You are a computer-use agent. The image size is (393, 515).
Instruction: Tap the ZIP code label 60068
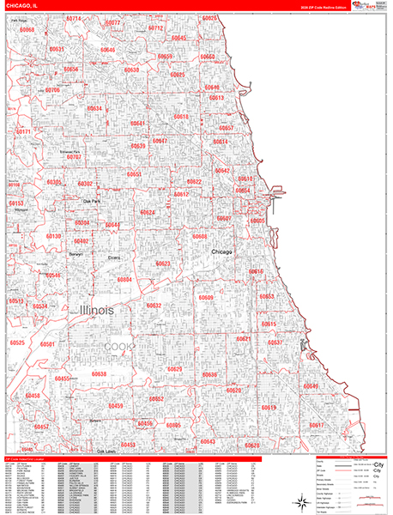pyautogui.click(x=28, y=30)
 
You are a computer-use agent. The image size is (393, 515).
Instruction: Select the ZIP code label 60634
pyautogui.click(x=94, y=108)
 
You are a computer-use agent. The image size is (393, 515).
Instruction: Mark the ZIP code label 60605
pyautogui.click(x=257, y=221)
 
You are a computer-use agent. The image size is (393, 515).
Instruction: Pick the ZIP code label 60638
pyautogui.click(x=99, y=374)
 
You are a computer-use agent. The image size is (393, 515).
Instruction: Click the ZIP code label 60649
pyautogui.click(x=310, y=387)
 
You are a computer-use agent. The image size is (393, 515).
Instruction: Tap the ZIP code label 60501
pyautogui.click(x=47, y=344)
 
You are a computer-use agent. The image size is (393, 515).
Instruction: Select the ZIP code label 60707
pyautogui.click(x=75, y=158)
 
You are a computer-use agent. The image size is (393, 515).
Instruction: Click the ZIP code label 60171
pyautogui.click(x=23, y=131)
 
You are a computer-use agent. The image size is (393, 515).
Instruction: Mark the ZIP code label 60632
pyautogui.click(x=154, y=306)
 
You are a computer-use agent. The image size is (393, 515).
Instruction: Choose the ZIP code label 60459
pyautogui.click(x=116, y=406)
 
